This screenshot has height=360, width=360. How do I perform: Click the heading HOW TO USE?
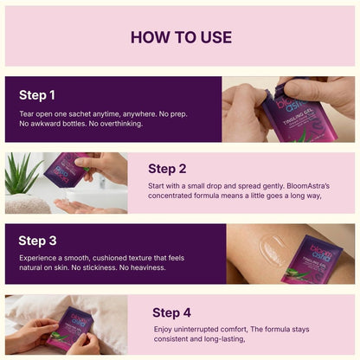(x=180, y=37)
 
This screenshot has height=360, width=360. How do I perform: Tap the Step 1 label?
(x=37, y=95)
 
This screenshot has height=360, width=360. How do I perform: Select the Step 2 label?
(x=167, y=168)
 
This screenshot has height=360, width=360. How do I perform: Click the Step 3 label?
(x=37, y=241)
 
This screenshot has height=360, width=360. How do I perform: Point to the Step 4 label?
(x=171, y=312)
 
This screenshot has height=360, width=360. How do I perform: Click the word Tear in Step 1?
(x=28, y=113)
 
